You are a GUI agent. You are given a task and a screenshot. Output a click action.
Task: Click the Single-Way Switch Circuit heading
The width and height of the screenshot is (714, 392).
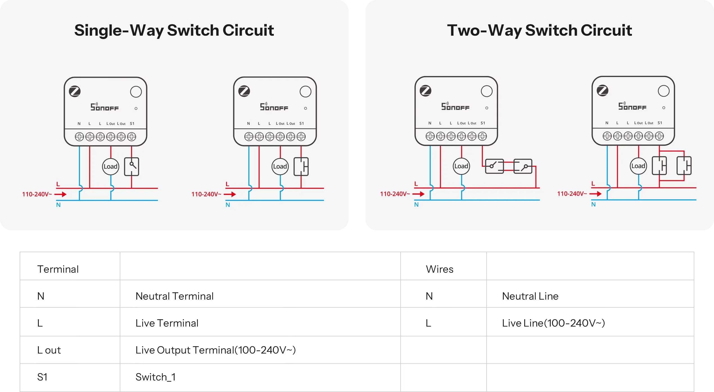(174, 30)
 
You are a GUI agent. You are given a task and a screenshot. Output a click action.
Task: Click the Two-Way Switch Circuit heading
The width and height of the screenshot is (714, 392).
(539, 30)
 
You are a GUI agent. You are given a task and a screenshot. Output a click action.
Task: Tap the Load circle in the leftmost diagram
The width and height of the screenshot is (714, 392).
(110, 167)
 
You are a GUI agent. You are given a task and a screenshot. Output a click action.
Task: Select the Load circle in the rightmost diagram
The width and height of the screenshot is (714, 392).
(638, 166)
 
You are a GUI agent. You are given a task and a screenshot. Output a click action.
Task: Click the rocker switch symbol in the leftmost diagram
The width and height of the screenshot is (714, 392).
(132, 167)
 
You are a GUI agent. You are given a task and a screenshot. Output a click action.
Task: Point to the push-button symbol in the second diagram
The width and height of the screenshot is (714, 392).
(301, 167)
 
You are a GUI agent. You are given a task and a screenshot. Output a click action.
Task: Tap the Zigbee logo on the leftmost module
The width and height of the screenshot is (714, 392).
(75, 91)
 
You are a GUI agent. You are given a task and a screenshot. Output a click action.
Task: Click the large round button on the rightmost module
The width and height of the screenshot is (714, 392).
(664, 91)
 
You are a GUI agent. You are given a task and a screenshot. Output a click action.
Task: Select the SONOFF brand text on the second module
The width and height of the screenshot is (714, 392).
(274, 107)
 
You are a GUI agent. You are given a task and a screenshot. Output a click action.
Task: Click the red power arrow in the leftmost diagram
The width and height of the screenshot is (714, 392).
(60, 194)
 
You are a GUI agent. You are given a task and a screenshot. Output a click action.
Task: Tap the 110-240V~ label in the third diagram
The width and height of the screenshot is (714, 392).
(395, 194)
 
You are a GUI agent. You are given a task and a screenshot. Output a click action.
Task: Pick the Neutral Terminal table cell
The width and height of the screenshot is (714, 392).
(175, 296)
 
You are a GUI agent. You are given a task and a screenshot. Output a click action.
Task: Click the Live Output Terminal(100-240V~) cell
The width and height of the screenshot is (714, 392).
(216, 350)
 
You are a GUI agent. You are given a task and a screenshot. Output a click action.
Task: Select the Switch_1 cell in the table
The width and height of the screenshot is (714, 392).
(155, 377)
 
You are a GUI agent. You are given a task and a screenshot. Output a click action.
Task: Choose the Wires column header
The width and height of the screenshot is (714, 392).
(440, 269)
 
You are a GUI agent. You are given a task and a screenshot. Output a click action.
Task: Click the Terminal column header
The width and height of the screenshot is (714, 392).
(58, 269)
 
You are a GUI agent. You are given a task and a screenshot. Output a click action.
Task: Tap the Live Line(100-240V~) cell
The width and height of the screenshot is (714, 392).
(553, 323)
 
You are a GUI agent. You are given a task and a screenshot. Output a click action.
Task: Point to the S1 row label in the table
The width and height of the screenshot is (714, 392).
(42, 377)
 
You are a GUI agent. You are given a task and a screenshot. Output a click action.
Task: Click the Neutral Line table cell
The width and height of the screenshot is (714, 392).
(530, 296)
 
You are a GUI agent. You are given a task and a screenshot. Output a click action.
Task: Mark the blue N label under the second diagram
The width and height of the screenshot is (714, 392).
(228, 205)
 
